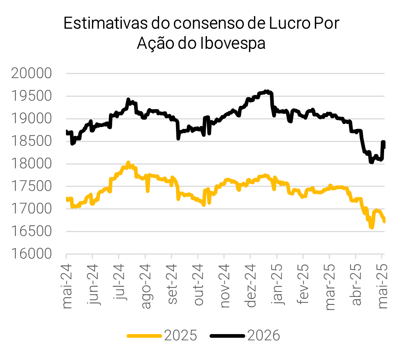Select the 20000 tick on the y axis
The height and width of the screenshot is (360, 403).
tap(32, 74)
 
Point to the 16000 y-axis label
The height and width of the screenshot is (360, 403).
tap(32, 254)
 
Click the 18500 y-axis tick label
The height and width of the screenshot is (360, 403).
tap(32, 141)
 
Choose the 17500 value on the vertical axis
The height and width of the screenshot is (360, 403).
tap(32, 186)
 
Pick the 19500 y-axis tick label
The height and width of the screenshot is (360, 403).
tap(32, 96)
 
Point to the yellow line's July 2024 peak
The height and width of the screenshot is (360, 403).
tap(128, 162)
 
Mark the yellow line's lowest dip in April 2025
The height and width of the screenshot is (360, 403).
tap(372, 228)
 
